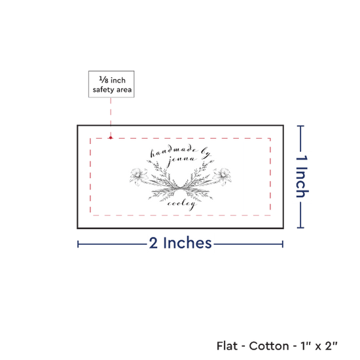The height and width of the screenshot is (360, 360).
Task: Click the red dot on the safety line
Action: (x=111, y=137)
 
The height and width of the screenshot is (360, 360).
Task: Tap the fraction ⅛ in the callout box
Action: (x=103, y=80)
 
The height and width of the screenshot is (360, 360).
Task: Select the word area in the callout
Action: (x=124, y=90)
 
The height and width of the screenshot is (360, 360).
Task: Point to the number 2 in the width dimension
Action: (x=153, y=243)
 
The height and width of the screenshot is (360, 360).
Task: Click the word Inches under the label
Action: (x=187, y=243)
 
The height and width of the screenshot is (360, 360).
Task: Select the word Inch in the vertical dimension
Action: (x=302, y=183)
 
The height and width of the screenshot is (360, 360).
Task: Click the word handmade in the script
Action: (x=174, y=153)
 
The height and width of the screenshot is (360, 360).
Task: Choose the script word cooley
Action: (x=182, y=205)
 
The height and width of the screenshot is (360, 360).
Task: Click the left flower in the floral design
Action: (x=139, y=176)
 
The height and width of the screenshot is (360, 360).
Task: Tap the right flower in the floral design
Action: (x=222, y=176)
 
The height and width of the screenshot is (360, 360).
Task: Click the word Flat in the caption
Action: (x=227, y=346)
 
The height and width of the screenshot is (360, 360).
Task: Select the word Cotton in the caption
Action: (x=269, y=346)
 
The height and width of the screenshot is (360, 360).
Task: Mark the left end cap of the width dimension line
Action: (x=78, y=244)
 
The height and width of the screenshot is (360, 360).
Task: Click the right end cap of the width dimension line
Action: (x=283, y=244)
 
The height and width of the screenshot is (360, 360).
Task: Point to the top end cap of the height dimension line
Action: (x=300, y=126)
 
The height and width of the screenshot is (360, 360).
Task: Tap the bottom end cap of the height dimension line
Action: (x=300, y=228)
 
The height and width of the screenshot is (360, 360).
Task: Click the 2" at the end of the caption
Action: (x=332, y=346)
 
